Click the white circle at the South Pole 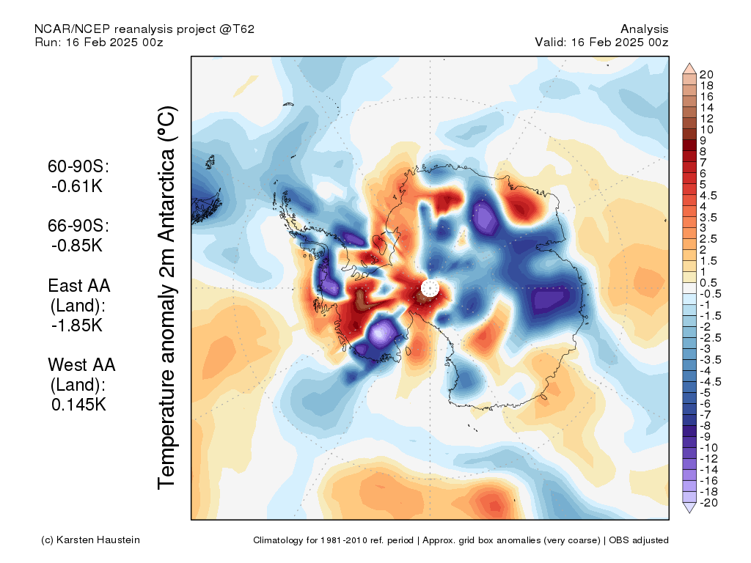coord(430,288)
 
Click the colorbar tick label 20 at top coord(706,75)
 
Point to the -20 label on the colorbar coord(709,503)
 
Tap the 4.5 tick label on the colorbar coord(708,196)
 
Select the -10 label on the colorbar coord(709,448)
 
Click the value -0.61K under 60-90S coord(77,185)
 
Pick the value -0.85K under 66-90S coord(77,245)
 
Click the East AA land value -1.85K coord(77,325)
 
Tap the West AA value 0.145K coord(78,405)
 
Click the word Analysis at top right coord(645,29)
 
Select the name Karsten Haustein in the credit coord(98,540)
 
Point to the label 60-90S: coord(78,166)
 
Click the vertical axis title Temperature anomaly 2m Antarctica coord(167,297)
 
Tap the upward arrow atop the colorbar coord(689,67)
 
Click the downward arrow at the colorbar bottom coord(689,508)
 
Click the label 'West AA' coord(82,365)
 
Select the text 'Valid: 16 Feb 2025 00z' coord(601,42)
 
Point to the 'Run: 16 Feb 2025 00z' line coord(99,42)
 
